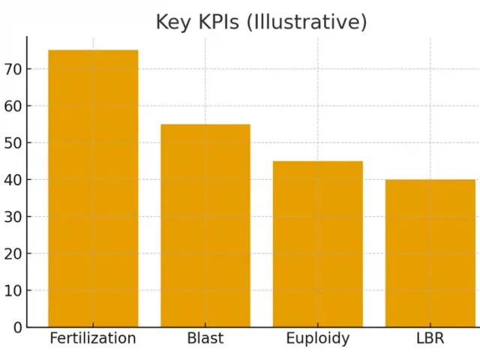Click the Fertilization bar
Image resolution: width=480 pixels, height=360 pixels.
pyautogui.click(x=93, y=188)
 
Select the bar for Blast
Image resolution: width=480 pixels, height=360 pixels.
pyautogui.click(x=205, y=225)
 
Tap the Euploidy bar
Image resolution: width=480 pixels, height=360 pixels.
pyautogui.click(x=317, y=244)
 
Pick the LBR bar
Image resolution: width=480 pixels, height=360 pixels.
pyautogui.click(x=430, y=253)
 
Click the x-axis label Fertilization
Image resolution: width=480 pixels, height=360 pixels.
pyautogui.click(x=93, y=338)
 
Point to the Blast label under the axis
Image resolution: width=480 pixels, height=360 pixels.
pyautogui.click(x=205, y=338)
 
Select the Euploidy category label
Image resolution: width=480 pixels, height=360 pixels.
pyautogui.click(x=317, y=338)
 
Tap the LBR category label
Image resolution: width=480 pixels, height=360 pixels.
pyautogui.click(x=430, y=338)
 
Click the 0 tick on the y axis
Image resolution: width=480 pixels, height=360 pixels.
pyautogui.click(x=17, y=327)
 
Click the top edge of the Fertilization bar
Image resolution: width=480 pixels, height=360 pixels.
pyautogui.click(x=93, y=50)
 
